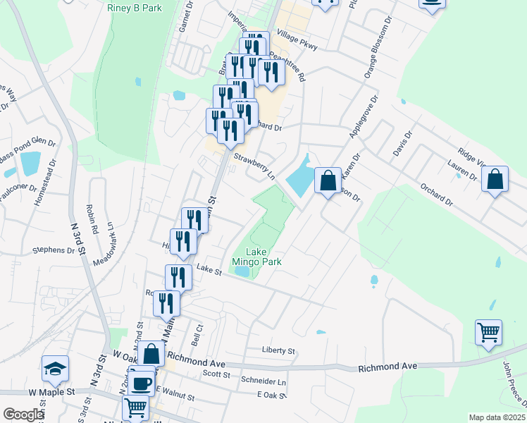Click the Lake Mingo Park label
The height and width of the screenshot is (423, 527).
(x=263, y=257)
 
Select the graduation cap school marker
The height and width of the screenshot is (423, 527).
(x=56, y=369)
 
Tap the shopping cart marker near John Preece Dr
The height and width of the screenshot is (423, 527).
(x=488, y=332)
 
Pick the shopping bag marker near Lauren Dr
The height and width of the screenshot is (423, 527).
(x=495, y=180)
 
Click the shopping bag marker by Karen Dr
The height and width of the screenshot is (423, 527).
(x=328, y=181)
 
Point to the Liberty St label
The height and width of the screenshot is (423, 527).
(x=278, y=350)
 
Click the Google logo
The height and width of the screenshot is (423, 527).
(x=23, y=415)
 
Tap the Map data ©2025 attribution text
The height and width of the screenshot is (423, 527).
(x=497, y=417)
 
